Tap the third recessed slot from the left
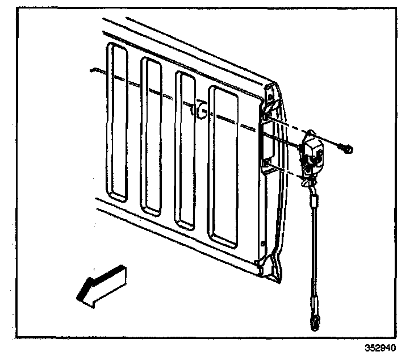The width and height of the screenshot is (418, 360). coord(186,149)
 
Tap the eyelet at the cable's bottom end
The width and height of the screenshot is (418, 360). coord(313,324)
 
